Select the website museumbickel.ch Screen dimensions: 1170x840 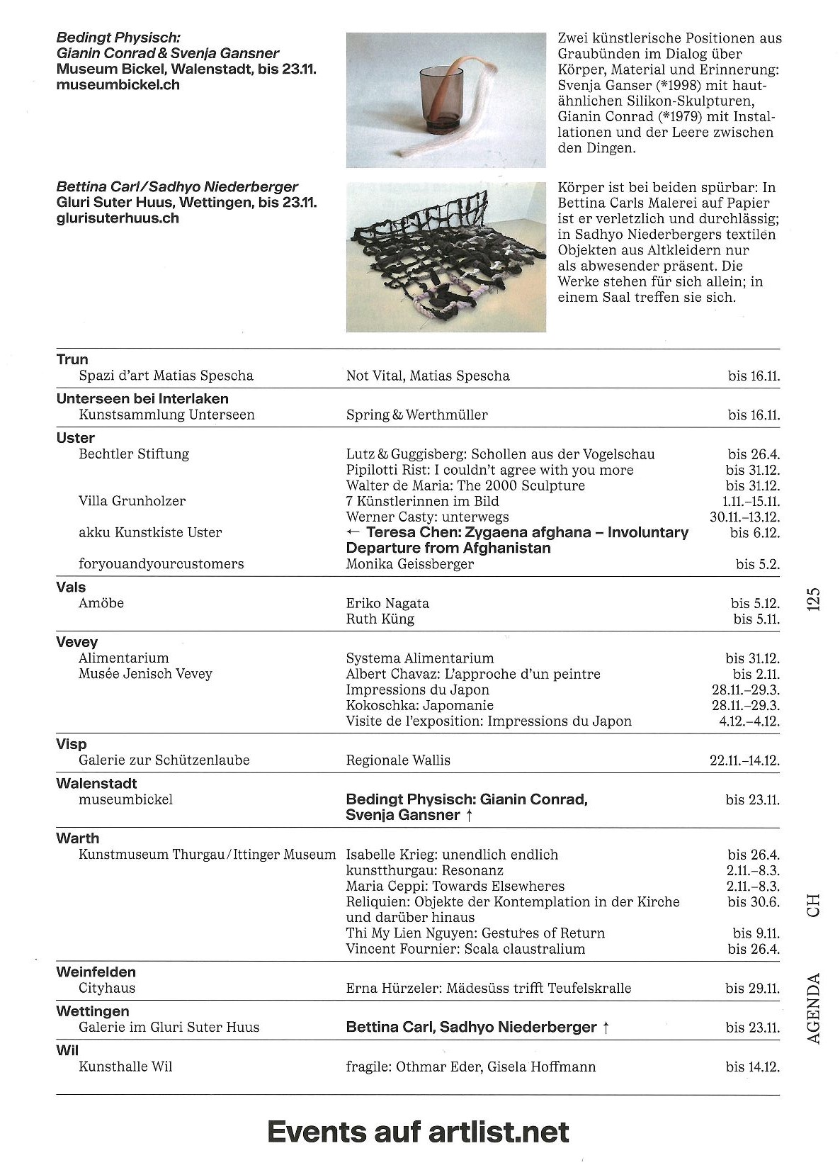[x=118, y=85]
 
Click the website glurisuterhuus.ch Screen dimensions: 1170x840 [x=118, y=219]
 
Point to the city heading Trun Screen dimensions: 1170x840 [x=72, y=359]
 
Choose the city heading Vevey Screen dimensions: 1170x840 [x=77, y=642]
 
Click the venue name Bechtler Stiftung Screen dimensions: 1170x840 [x=134, y=454]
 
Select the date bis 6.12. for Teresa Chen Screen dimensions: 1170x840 [x=754, y=533]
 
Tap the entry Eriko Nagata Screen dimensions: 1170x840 [x=387, y=604]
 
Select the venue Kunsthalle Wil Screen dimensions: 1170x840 [x=125, y=1067]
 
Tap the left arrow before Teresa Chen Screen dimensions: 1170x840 [x=353, y=533]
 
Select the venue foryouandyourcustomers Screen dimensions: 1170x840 [x=161, y=564]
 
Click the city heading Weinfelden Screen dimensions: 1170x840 [x=96, y=972]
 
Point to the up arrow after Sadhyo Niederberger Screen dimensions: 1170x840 [x=605, y=1028]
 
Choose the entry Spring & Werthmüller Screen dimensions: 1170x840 [x=416, y=415]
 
